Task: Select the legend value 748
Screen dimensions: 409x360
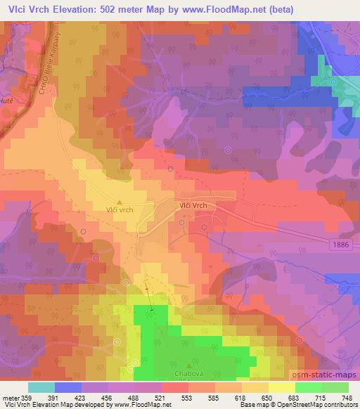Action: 347,398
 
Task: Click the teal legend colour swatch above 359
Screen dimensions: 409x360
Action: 41,387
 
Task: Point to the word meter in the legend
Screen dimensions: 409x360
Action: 12,398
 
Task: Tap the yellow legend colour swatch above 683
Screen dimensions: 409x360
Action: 281,387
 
